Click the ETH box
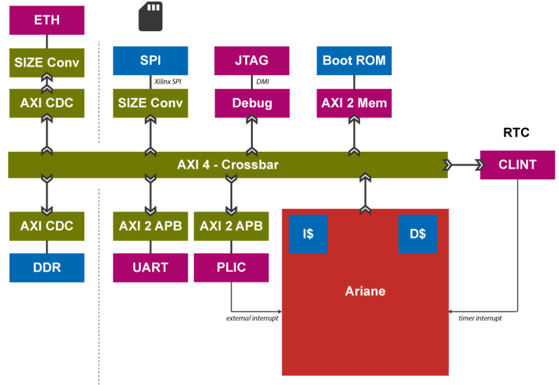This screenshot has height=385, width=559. pos(47,21)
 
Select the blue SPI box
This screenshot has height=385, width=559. pos(150,60)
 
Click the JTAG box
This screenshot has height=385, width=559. pos(252,60)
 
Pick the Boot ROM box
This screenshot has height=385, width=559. pos(354,60)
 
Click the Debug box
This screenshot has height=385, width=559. pos(252,103)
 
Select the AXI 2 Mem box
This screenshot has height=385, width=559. pos(354,103)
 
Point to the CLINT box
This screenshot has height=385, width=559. pos(517,165)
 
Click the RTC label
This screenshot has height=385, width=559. pos(516,133)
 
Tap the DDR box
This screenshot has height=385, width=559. pos(47,268)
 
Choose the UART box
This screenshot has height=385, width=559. pos(150,268)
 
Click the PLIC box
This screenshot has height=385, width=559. pos(231,268)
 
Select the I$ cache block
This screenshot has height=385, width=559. pos(308,234)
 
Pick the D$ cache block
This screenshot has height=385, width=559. pos(417,234)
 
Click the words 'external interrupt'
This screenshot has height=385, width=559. pos(252,319)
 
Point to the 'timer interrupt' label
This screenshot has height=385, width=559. pos(480,319)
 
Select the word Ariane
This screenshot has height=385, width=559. pos(365,291)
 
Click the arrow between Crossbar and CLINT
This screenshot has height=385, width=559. pos(464,165)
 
